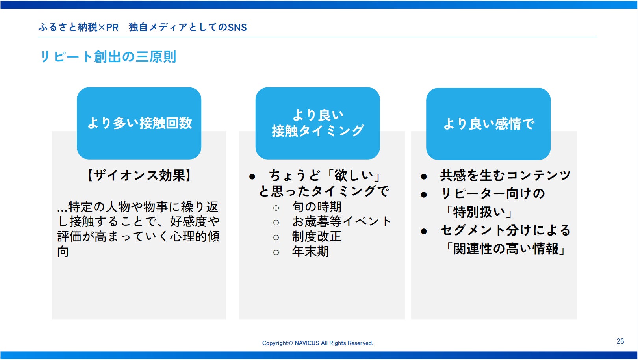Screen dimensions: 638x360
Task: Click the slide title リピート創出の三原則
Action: click(x=108, y=57)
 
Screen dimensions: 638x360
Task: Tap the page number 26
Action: click(x=620, y=341)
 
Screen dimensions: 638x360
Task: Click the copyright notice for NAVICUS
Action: click(x=317, y=343)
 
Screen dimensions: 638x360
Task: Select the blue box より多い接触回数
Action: click(x=139, y=123)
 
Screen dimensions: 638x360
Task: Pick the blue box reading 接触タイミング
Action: click(x=317, y=123)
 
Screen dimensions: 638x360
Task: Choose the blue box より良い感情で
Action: click(x=488, y=124)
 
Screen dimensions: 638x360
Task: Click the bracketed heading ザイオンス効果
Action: click(x=139, y=175)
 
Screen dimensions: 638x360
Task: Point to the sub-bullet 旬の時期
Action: click(x=317, y=207)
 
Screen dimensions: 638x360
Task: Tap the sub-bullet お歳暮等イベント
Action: click(x=341, y=221)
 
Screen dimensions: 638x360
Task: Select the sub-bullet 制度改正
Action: click(x=317, y=236)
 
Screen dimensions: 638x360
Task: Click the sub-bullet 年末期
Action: click(x=310, y=251)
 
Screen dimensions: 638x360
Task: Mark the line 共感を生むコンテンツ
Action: click(x=505, y=175)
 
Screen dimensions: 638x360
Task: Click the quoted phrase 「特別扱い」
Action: click(x=479, y=212)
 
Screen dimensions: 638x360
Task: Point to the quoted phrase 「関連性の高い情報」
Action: click(x=505, y=249)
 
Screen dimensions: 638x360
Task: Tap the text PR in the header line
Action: click(x=112, y=27)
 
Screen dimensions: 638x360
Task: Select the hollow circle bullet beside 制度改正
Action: click(x=276, y=238)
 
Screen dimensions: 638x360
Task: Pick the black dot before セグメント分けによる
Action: click(x=424, y=231)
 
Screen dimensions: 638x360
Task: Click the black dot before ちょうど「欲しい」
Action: click(x=252, y=177)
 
